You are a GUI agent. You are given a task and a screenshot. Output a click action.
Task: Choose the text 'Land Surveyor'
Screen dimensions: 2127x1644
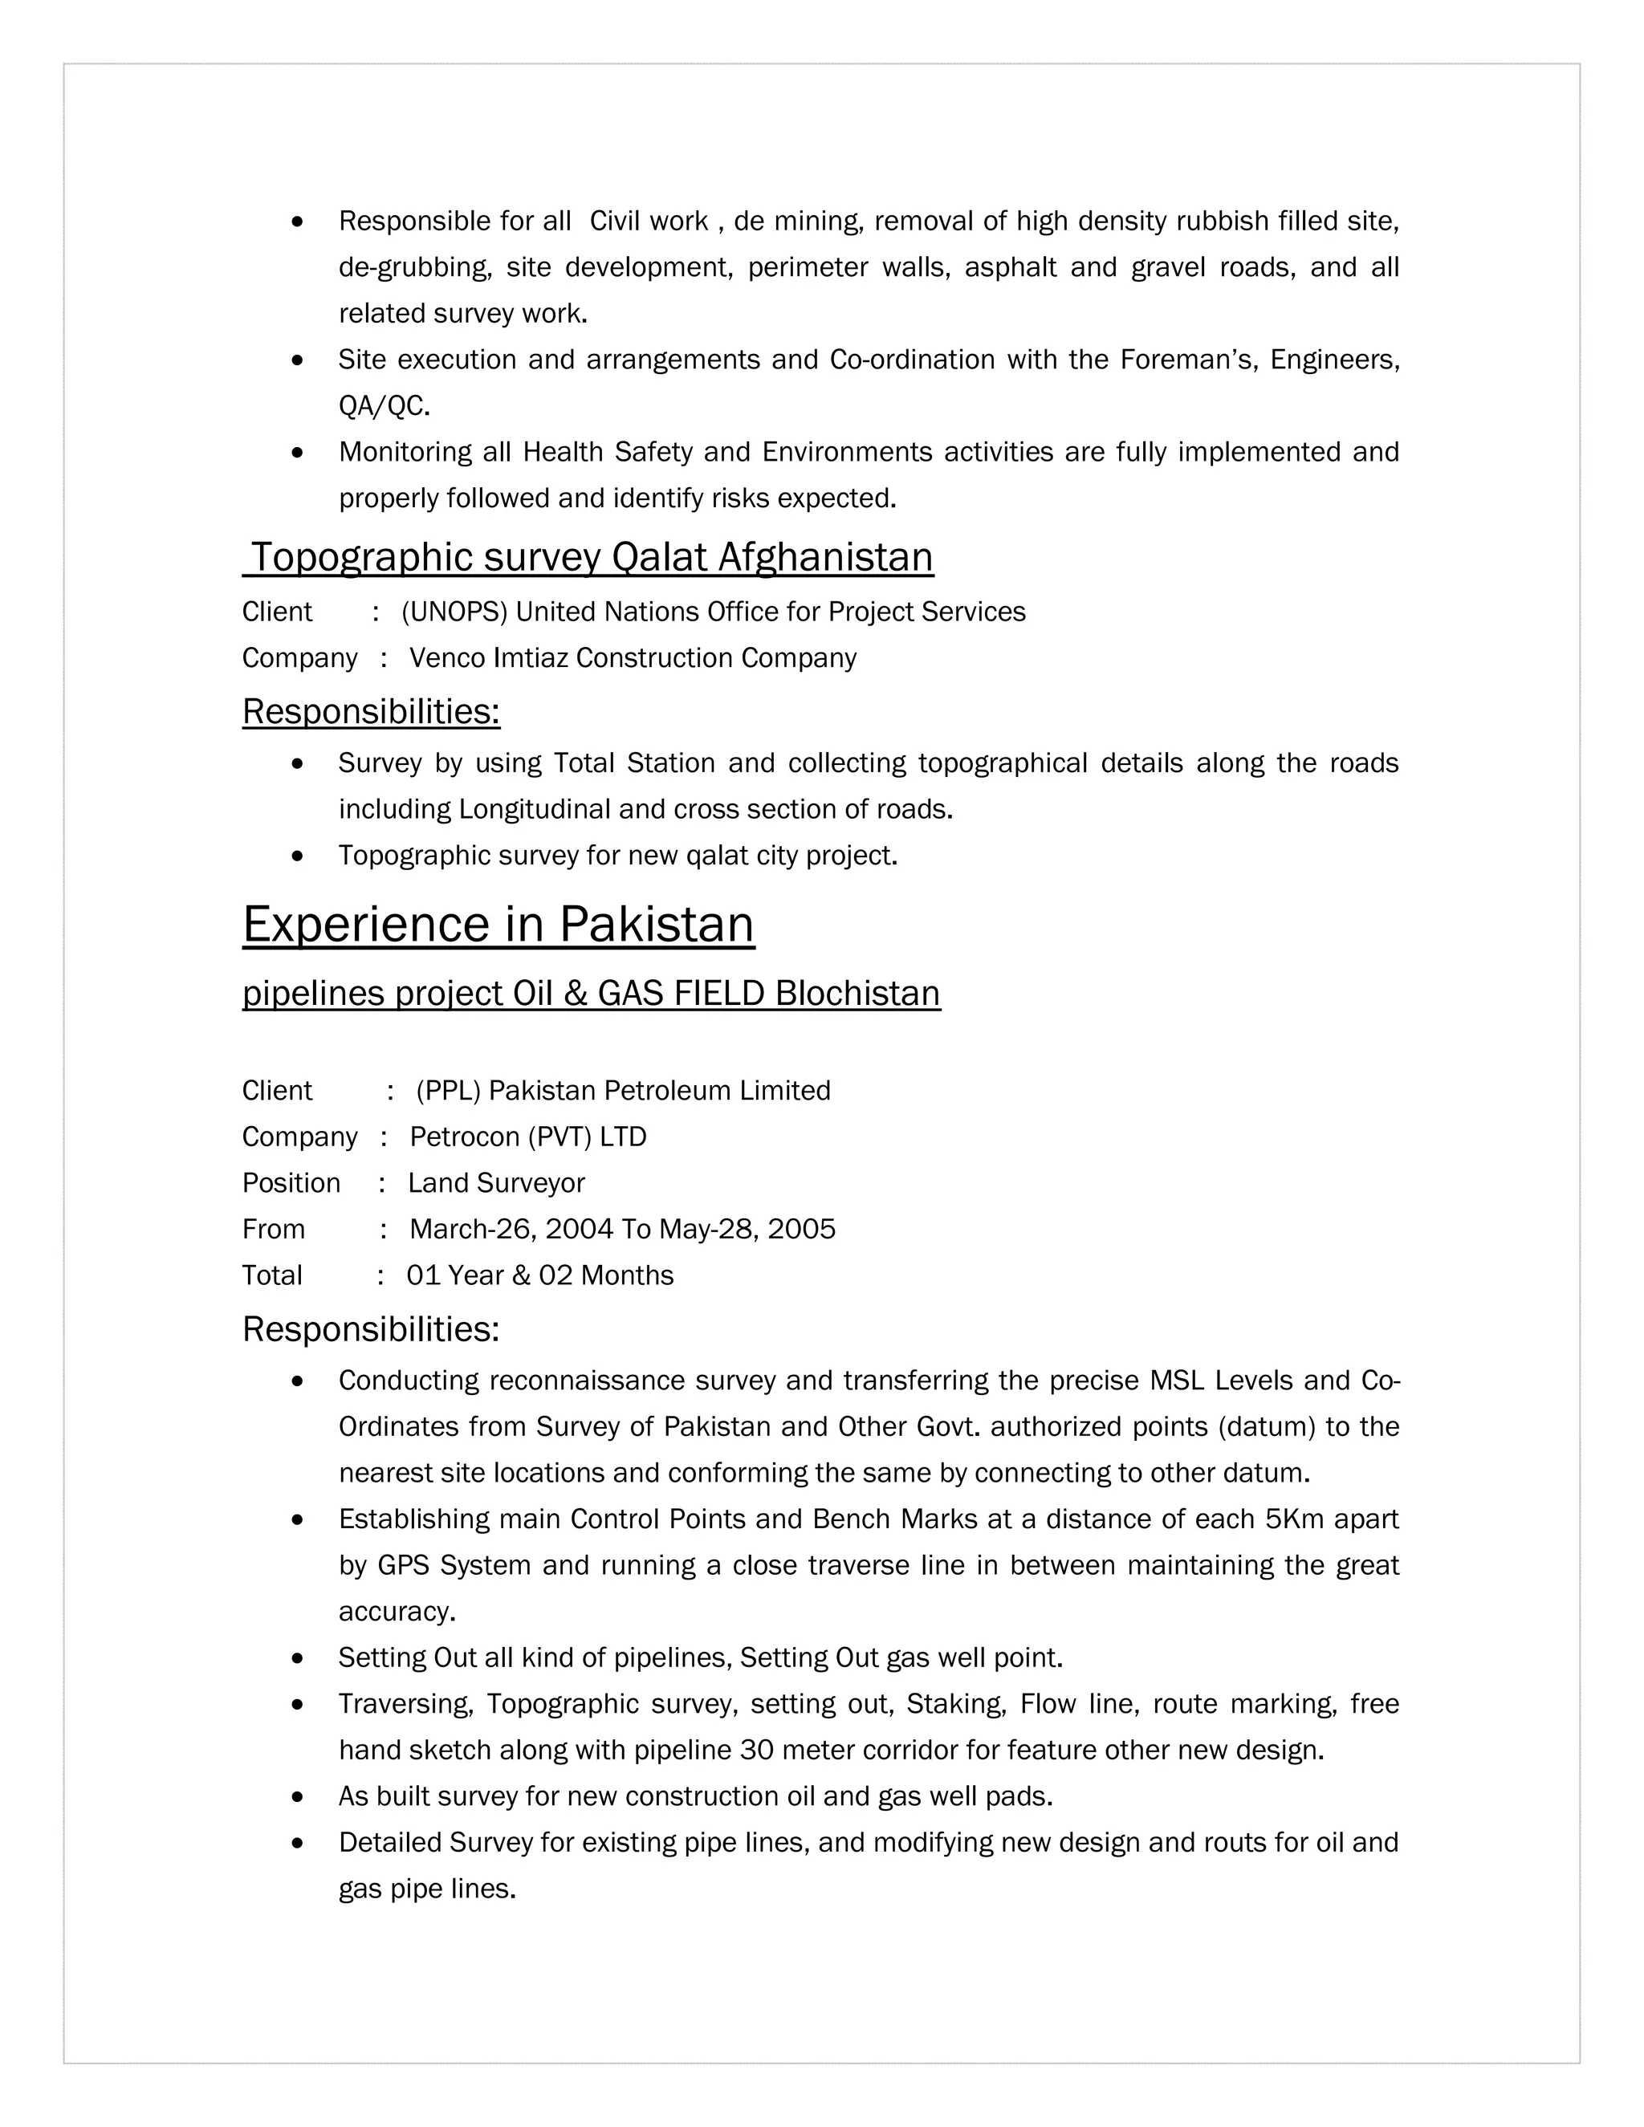(x=496, y=1183)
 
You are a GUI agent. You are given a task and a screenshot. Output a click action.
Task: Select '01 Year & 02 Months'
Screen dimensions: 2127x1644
(x=539, y=1276)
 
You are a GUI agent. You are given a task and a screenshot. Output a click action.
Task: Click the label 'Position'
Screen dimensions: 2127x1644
(x=291, y=1183)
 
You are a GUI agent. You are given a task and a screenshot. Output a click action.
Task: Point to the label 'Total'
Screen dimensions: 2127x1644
(x=272, y=1276)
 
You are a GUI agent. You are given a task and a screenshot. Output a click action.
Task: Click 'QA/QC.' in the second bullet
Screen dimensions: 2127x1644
(x=384, y=406)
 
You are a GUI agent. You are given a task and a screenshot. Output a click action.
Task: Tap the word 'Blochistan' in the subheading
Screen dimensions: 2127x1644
(x=857, y=994)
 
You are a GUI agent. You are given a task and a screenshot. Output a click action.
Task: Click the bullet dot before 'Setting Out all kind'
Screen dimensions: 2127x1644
(x=298, y=1658)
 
